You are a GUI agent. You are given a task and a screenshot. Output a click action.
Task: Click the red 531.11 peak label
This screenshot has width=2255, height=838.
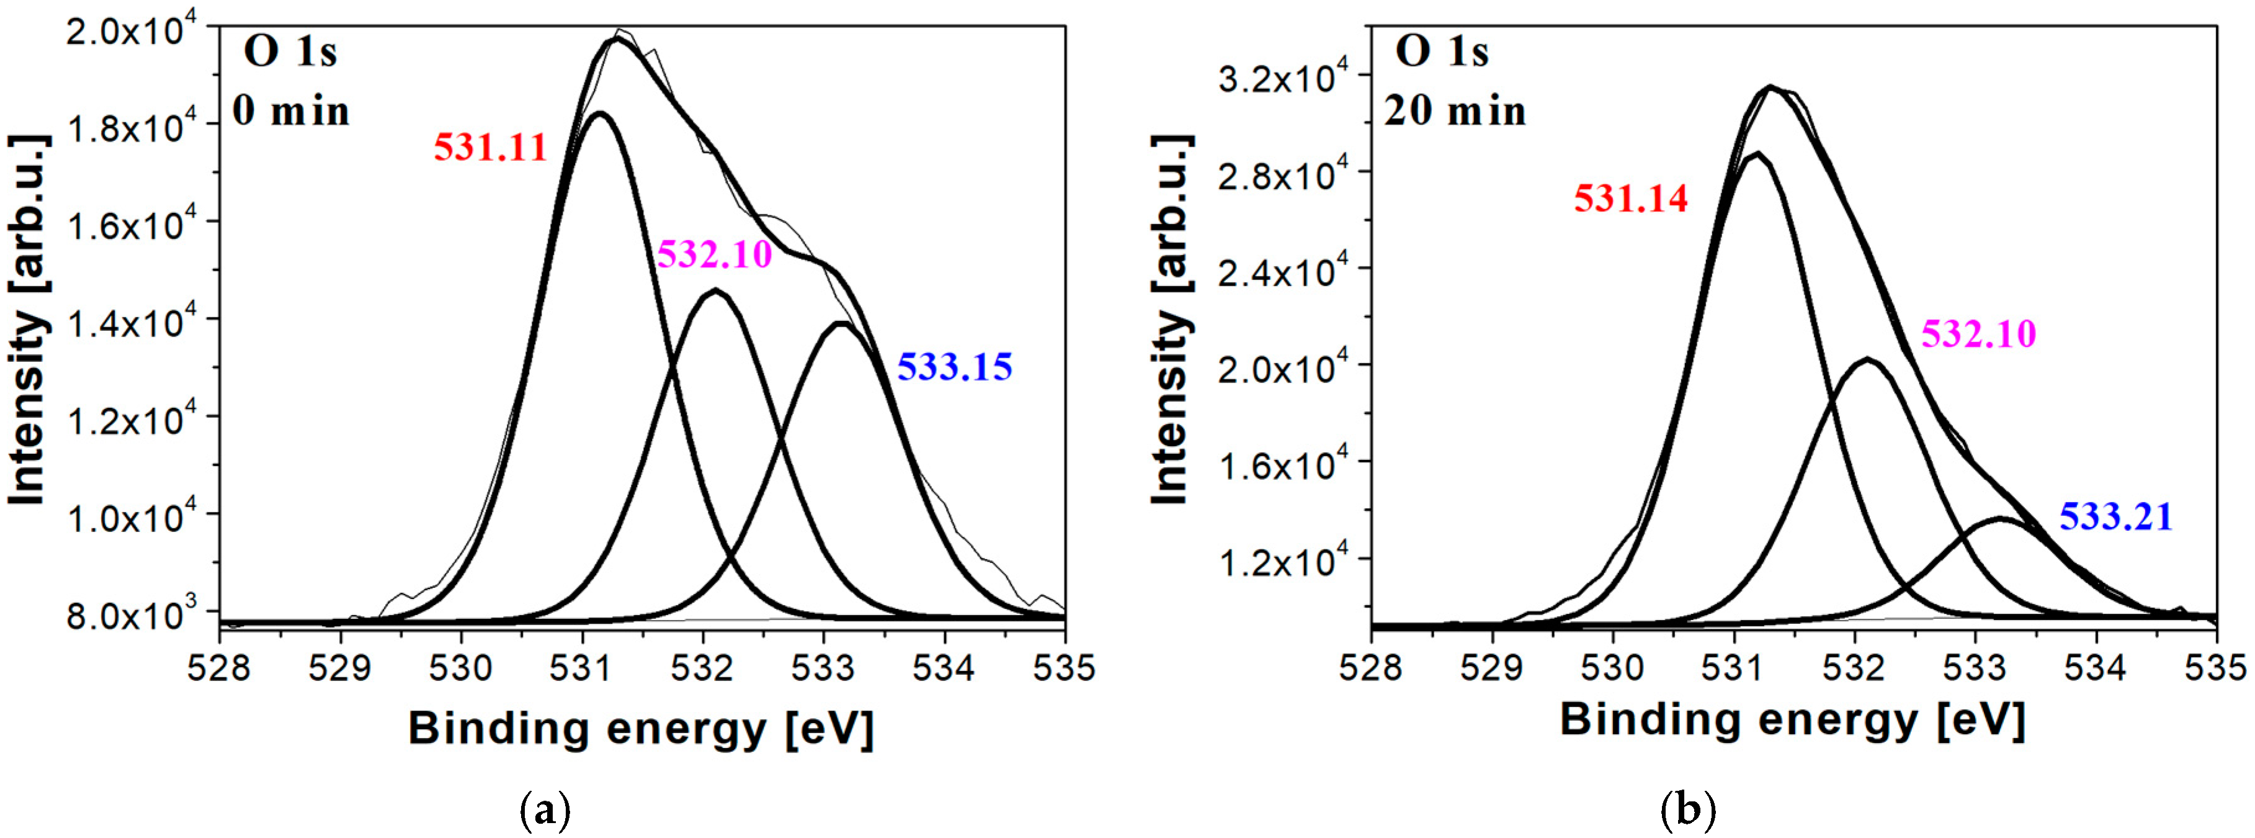(x=490, y=147)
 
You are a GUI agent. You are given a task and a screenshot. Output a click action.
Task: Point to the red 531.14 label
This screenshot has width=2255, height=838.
(x=1631, y=199)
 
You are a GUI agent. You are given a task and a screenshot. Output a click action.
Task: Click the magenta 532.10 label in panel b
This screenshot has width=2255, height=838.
(x=1978, y=333)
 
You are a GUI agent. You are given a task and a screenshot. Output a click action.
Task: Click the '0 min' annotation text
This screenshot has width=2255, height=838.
(x=290, y=111)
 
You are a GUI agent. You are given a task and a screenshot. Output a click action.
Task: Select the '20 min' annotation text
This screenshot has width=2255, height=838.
(x=1455, y=111)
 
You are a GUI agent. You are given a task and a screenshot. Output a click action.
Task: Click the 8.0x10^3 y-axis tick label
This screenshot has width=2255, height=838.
(x=140, y=616)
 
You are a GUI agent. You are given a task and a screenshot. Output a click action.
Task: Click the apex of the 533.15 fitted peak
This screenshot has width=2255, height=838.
(x=841, y=324)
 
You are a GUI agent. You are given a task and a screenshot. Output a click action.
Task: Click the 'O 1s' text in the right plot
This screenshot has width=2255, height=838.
(x=1441, y=53)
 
